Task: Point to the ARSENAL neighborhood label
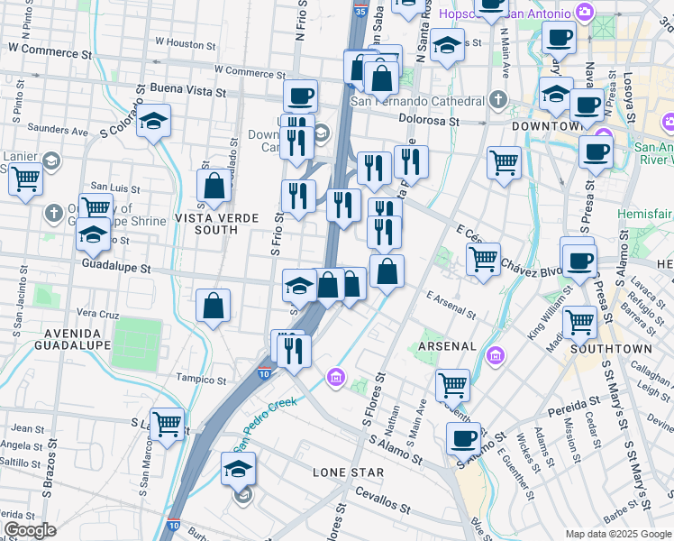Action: coord(448,345)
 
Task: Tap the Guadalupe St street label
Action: coord(114,268)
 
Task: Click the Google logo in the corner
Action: coord(30,529)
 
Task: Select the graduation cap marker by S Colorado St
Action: coord(154,122)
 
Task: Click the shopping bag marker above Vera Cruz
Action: coord(214,305)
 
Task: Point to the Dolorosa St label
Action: coord(431,120)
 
